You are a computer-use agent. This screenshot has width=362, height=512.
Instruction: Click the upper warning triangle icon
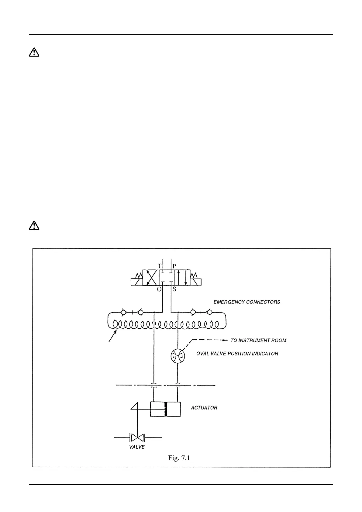click(x=34, y=53)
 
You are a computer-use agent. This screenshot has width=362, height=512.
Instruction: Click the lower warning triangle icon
click(x=34, y=225)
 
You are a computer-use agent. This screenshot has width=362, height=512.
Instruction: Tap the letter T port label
click(x=159, y=266)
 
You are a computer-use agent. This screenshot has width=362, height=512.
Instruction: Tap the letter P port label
click(x=174, y=266)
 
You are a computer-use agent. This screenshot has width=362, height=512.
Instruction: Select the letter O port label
click(x=159, y=289)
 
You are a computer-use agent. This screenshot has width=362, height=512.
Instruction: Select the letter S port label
click(x=174, y=289)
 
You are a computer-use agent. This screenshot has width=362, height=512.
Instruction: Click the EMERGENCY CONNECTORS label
click(x=247, y=302)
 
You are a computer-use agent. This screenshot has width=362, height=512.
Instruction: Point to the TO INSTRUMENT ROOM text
click(x=258, y=341)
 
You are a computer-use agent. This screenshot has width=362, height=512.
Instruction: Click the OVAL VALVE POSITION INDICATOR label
click(x=237, y=354)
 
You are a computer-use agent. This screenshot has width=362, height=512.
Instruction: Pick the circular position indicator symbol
click(x=178, y=356)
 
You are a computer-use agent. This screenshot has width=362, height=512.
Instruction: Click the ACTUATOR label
click(x=204, y=408)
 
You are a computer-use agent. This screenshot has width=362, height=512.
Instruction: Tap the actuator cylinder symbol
click(x=165, y=409)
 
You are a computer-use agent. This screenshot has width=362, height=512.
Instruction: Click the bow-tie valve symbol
click(x=137, y=438)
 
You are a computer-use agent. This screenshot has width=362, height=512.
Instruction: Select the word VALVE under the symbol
click(x=137, y=447)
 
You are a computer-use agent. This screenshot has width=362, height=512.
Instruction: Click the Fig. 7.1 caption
click(x=179, y=458)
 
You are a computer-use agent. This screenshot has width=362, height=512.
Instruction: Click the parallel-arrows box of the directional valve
click(x=182, y=277)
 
